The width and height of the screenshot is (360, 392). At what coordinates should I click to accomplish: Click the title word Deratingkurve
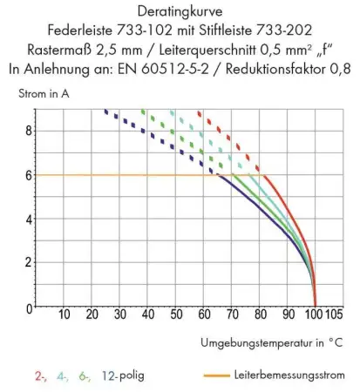coord(180,11)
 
